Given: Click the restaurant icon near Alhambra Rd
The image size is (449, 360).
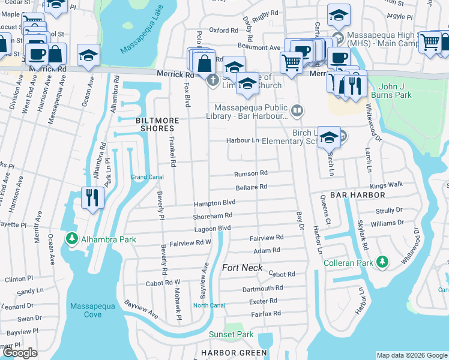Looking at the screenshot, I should click(x=91, y=198).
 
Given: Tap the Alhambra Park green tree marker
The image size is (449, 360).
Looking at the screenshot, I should click(x=72, y=239).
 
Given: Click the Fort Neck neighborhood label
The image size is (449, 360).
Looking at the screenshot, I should click(x=243, y=267).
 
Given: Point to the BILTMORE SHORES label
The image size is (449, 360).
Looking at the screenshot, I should click(x=157, y=124).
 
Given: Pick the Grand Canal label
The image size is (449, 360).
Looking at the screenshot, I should click(x=147, y=177).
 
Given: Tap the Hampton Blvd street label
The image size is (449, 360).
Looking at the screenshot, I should click(x=214, y=203).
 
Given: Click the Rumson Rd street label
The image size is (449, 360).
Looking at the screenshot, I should click(x=250, y=173).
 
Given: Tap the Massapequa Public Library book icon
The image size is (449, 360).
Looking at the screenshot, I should click(x=297, y=110).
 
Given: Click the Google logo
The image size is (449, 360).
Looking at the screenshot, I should click(x=20, y=353).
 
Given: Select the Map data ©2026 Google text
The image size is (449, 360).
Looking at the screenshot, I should click(x=411, y=355).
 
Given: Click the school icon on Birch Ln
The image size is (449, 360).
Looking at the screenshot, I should click(x=328, y=137).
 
